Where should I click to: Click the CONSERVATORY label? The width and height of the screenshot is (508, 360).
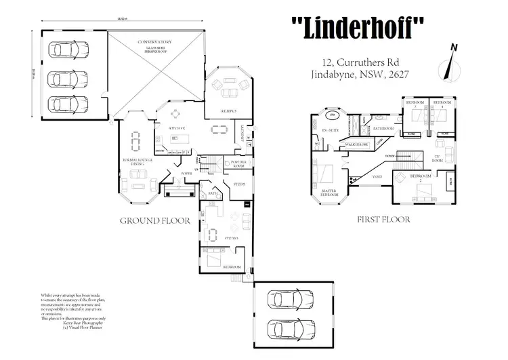tap(154, 44)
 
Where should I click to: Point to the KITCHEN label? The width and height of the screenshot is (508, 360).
tap(168, 128)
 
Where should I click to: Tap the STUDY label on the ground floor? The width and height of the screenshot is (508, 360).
tap(238, 184)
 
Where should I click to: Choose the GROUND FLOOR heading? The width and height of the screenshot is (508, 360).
tap(150, 220)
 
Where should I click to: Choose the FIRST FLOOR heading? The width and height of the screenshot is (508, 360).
tap(383, 220)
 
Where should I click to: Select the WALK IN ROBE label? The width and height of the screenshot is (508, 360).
tap(356, 144)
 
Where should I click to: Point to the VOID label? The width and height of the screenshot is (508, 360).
tap(377, 176)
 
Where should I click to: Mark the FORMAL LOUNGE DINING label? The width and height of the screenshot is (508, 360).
tap(137, 163)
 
